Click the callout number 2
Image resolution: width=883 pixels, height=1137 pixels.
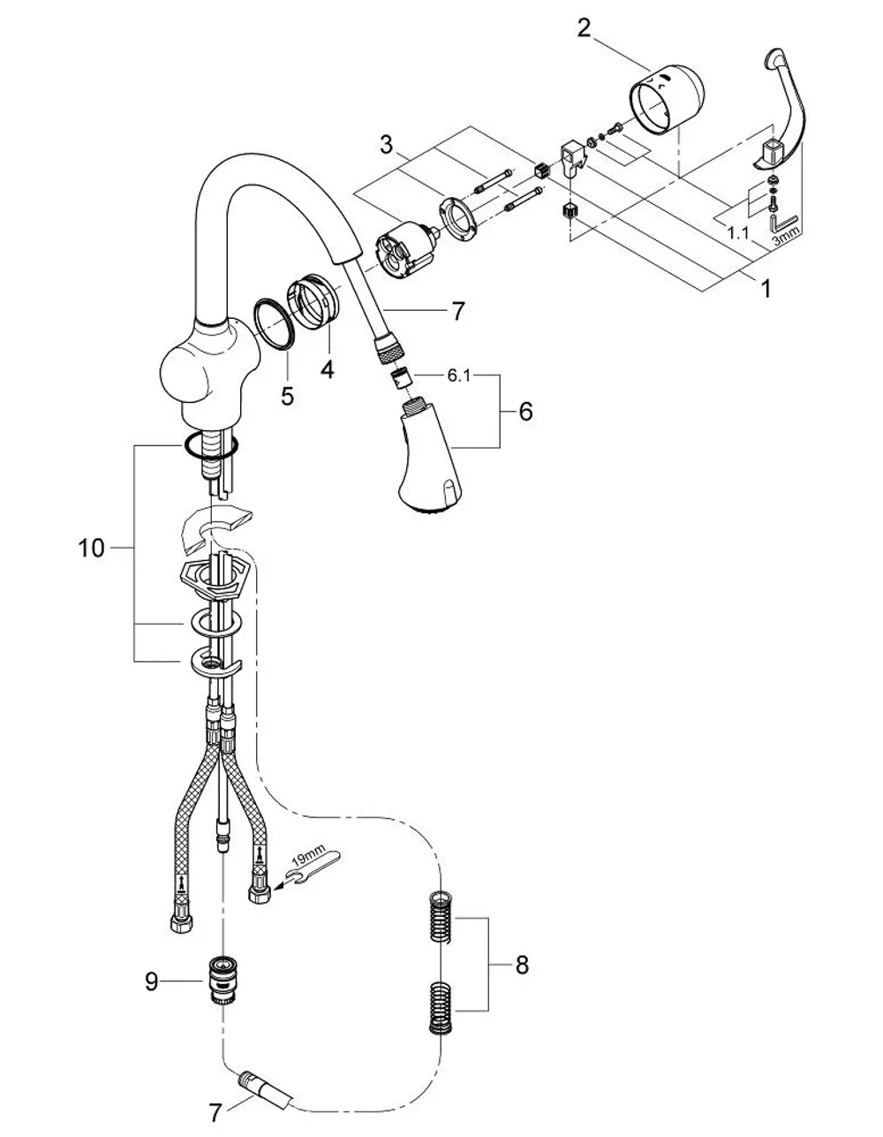click(x=584, y=28)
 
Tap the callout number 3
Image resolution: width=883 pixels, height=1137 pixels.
click(x=387, y=145)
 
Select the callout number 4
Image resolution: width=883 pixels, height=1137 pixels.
click(x=327, y=370)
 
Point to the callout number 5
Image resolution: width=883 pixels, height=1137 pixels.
click(x=287, y=396)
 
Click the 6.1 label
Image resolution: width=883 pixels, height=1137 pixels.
click(x=458, y=376)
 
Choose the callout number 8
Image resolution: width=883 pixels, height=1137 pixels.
click(x=522, y=966)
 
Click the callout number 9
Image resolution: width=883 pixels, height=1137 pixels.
click(x=151, y=982)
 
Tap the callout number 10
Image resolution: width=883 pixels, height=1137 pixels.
click(x=92, y=549)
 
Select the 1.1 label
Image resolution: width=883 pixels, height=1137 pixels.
click(x=739, y=233)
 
